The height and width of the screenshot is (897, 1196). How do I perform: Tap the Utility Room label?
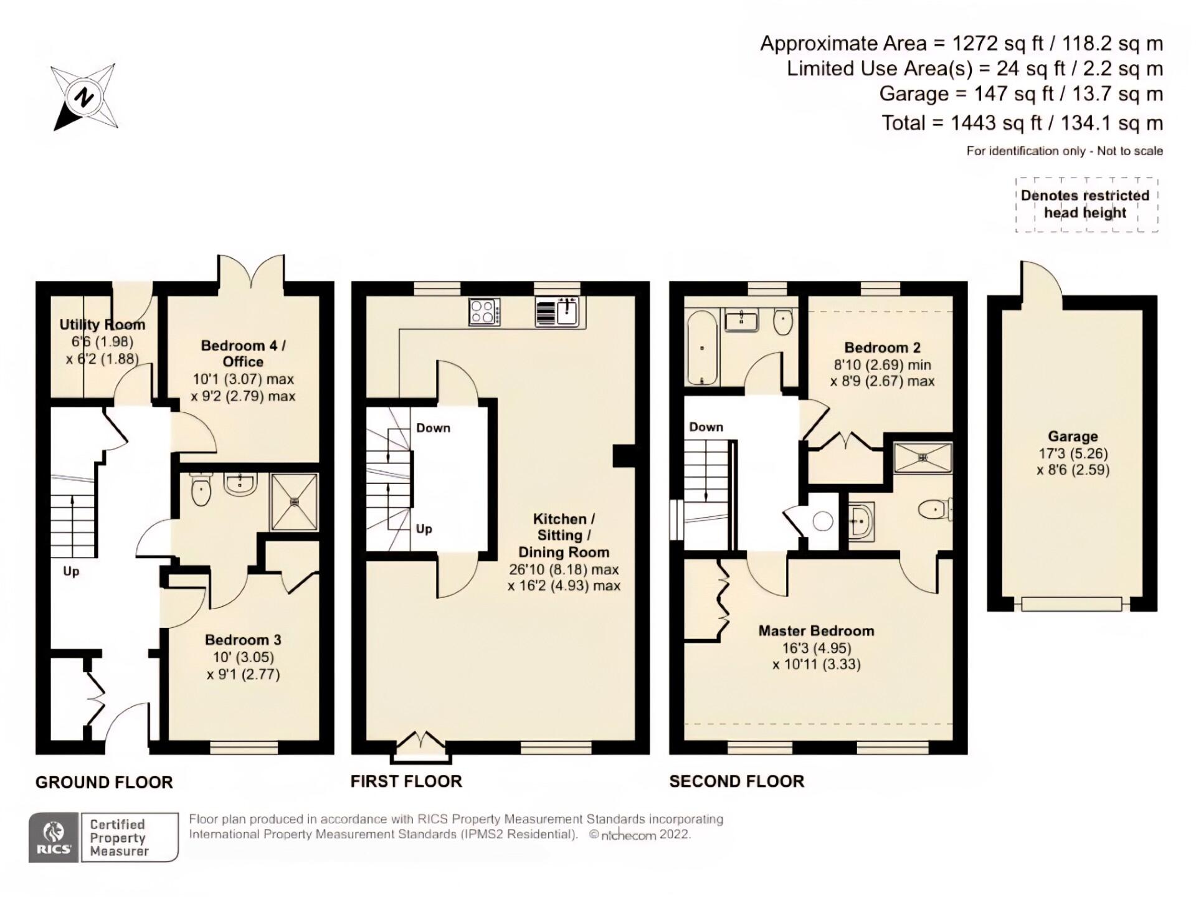point(102,325)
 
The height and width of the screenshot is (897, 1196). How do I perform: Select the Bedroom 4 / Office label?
point(243,354)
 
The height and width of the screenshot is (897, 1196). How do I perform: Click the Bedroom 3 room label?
point(243,640)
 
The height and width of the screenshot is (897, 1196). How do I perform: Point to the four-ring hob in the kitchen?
point(485,312)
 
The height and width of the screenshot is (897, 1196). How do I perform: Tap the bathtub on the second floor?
point(702,348)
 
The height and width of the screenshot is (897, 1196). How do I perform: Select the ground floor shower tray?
point(294,502)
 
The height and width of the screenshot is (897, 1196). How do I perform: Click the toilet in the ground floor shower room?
point(201,489)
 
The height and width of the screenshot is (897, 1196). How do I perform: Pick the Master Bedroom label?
point(816,631)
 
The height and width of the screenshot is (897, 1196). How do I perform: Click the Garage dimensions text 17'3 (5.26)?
point(1073,453)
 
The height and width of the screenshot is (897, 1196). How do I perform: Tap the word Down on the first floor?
point(433,428)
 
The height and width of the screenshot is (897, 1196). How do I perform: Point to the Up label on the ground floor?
point(71,571)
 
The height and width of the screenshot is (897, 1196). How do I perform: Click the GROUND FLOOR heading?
point(104,782)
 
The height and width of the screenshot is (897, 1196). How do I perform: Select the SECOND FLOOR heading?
point(736,781)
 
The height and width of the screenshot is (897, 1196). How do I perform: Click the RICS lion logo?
point(54,837)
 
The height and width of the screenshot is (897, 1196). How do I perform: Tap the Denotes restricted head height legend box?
point(1086,204)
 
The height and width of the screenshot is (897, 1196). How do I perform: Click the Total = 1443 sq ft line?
point(1022,123)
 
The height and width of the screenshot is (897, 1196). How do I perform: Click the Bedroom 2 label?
point(882,348)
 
